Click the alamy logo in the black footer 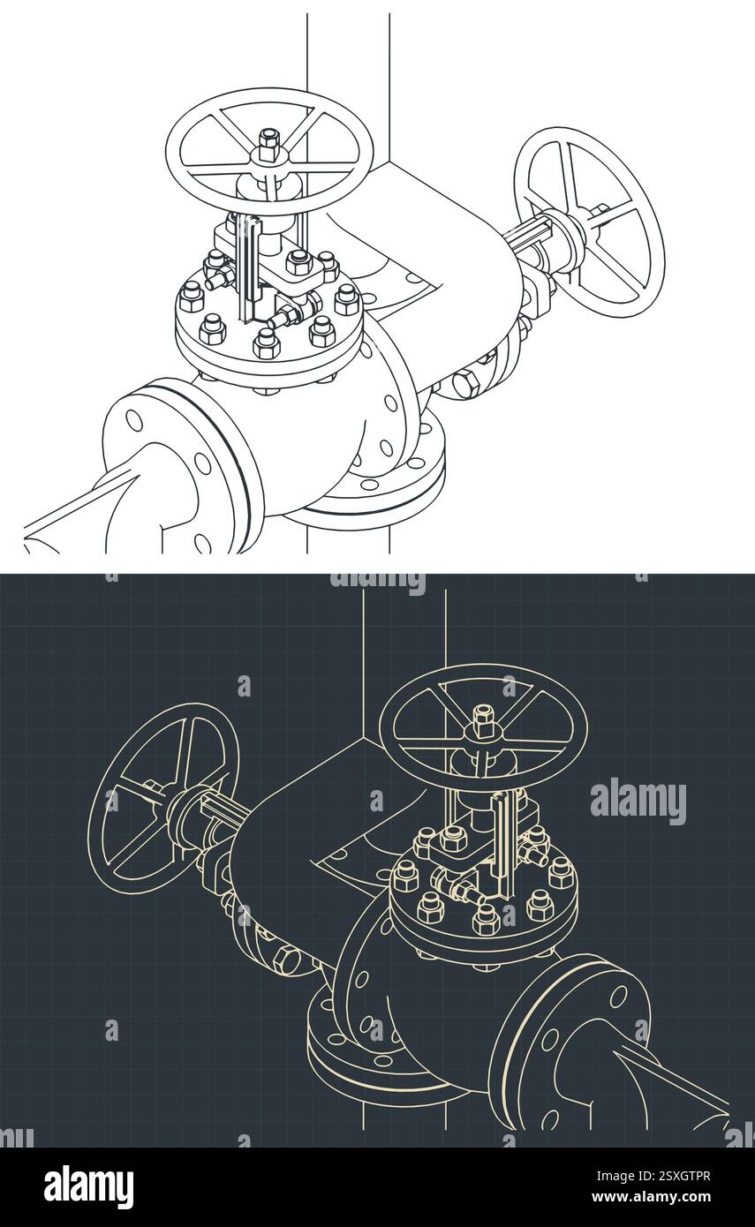pos(88,1186)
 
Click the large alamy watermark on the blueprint pos(638,802)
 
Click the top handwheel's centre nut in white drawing pos(268,139)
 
